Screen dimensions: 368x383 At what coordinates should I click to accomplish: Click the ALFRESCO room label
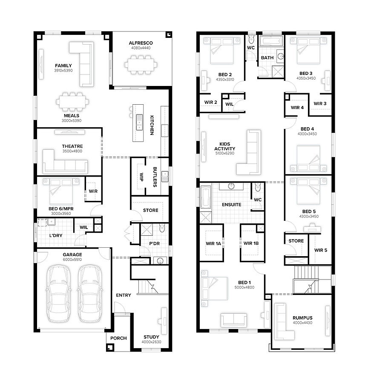(x=141, y=43)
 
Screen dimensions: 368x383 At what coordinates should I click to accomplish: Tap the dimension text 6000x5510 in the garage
(x=72, y=260)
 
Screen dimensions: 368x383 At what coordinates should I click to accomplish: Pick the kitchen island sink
(x=139, y=122)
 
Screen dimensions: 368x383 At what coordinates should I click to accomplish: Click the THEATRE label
(x=72, y=146)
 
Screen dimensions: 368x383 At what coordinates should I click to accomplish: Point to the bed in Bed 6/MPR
(x=61, y=191)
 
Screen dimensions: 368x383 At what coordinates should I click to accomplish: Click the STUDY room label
(x=151, y=337)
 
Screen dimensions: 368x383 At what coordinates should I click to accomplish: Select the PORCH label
(x=118, y=338)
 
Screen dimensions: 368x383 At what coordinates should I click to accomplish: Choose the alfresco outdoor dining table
(x=141, y=65)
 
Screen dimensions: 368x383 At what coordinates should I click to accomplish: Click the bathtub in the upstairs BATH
(x=271, y=41)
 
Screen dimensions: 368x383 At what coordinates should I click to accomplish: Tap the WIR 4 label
(x=297, y=108)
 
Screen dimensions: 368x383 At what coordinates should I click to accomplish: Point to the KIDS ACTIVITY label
(x=225, y=146)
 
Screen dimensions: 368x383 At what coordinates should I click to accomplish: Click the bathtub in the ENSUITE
(x=206, y=197)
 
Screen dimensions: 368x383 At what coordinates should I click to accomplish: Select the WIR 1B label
(x=251, y=243)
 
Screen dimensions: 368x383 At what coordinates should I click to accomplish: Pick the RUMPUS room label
(x=302, y=318)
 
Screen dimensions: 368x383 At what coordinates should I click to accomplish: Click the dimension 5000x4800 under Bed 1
(x=244, y=287)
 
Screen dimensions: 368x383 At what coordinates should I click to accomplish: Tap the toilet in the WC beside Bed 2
(x=251, y=39)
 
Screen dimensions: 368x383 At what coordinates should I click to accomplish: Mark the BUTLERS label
(x=155, y=177)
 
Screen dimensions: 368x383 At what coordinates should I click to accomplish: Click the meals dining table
(x=72, y=102)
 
